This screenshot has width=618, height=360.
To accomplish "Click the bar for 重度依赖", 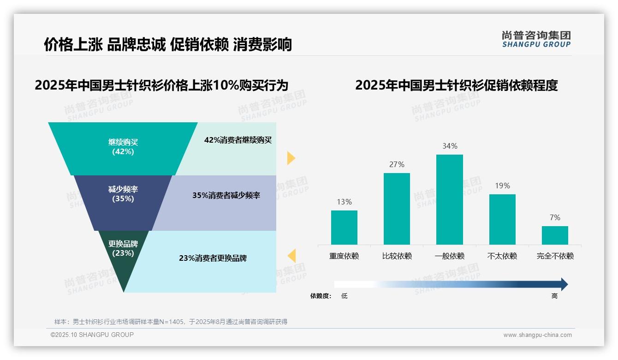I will click(x=344, y=228).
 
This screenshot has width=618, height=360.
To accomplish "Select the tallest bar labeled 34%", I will click(x=449, y=199).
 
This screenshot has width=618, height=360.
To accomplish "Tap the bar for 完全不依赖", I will click(x=555, y=235).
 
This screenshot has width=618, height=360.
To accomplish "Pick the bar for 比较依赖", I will click(x=397, y=209).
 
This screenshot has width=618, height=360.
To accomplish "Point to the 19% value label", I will click(x=502, y=186).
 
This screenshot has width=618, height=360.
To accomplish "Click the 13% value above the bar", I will click(x=344, y=202).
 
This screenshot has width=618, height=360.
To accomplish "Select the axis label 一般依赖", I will click(x=449, y=256).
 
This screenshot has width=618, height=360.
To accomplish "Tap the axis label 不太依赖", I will click(x=502, y=256).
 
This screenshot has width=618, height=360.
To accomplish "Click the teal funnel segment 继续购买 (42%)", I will click(x=123, y=148).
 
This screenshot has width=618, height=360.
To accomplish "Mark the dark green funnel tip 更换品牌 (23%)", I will click(x=123, y=258).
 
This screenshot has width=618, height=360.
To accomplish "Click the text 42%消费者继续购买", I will click(x=238, y=140).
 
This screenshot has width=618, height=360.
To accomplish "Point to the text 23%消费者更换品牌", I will click(x=213, y=258).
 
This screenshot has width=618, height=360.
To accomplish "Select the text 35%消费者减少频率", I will click(x=226, y=196).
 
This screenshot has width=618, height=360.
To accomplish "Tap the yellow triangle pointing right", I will click(x=291, y=158).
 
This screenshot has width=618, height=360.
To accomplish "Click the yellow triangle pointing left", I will click(x=291, y=256).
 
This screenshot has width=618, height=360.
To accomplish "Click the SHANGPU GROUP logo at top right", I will click(x=536, y=39).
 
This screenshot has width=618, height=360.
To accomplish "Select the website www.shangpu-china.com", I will click(x=537, y=335).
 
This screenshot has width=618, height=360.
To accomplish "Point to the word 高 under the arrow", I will click(x=554, y=296).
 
